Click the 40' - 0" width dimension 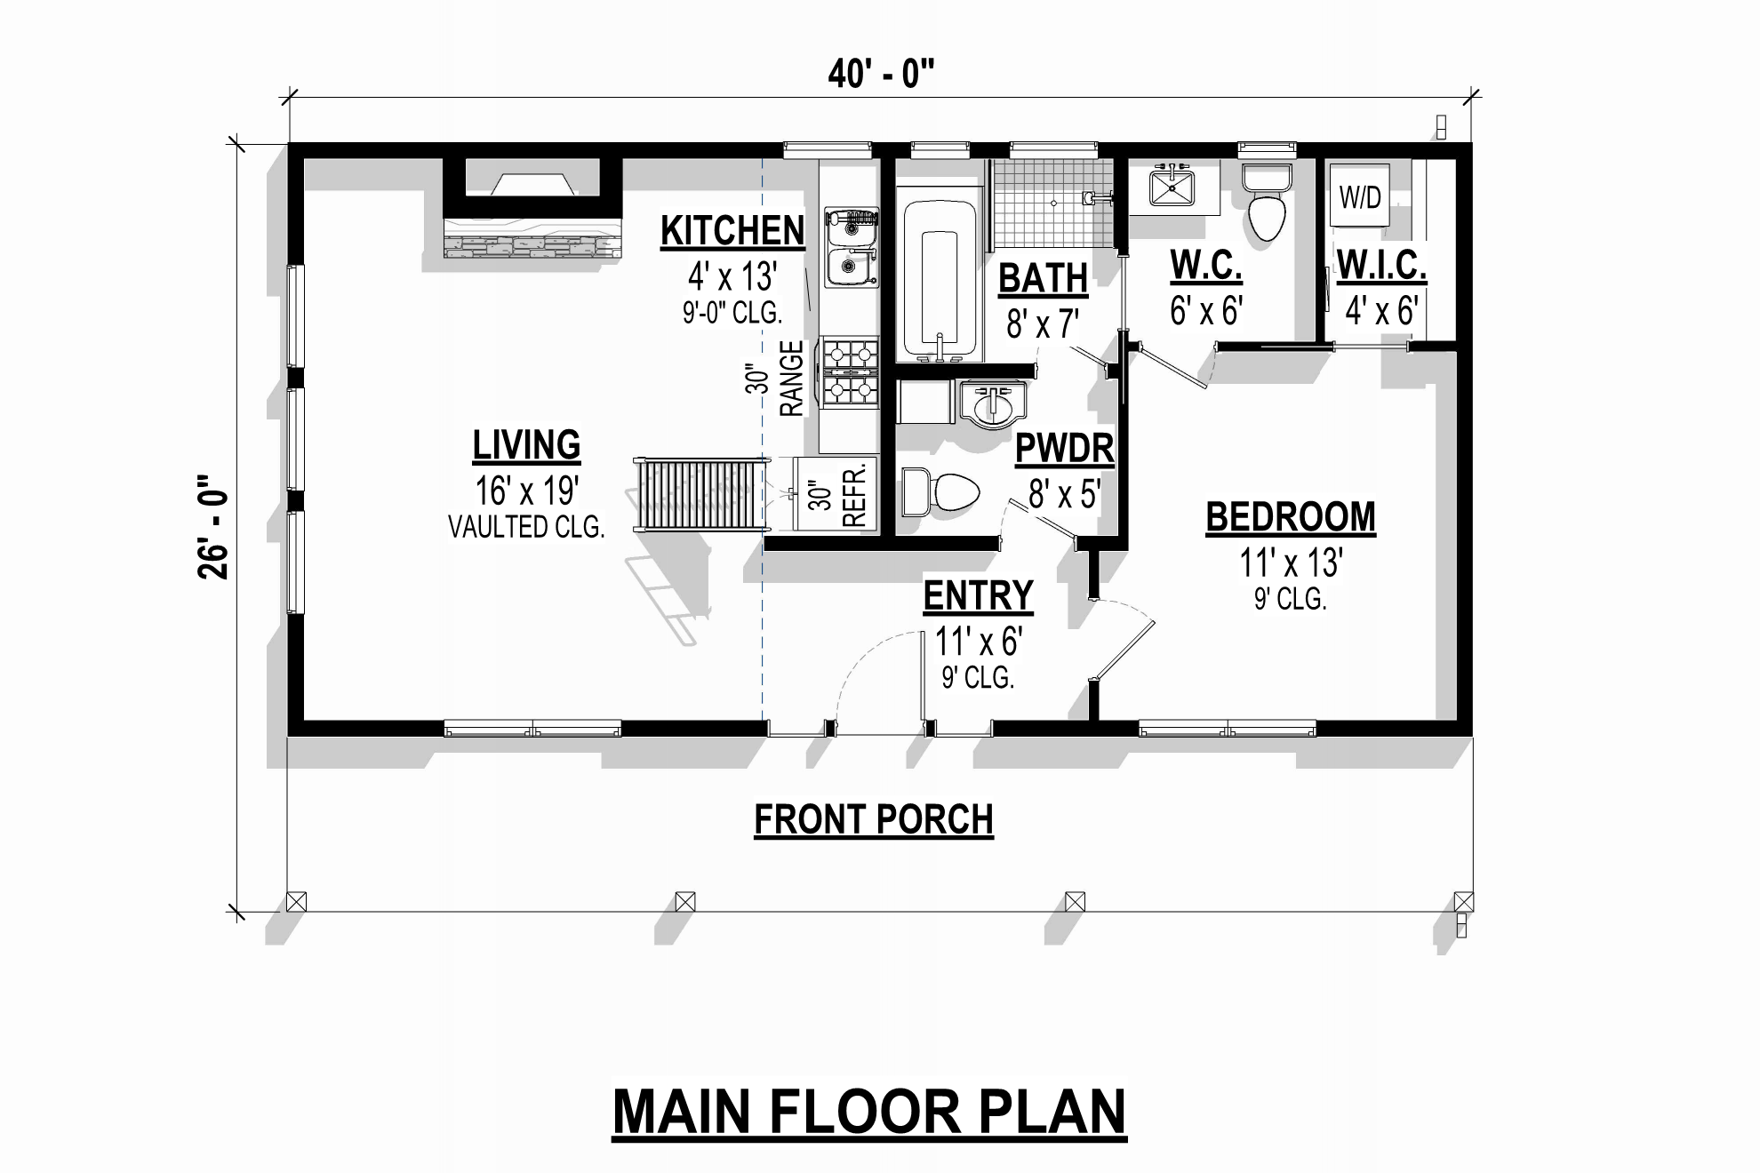click(x=881, y=74)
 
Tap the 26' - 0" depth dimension click(x=214, y=526)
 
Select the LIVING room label click(x=526, y=445)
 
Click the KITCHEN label click(x=732, y=230)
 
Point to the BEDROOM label click(x=1291, y=517)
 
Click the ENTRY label click(x=978, y=595)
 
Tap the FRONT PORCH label click(x=874, y=819)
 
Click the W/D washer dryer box click(x=1360, y=196)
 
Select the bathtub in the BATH click(x=940, y=282)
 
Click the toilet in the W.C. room click(x=1267, y=202)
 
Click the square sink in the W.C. click(x=1172, y=188)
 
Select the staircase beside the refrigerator click(x=701, y=494)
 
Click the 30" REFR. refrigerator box click(x=836, y=495)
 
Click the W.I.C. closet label click(x=1381, y=265)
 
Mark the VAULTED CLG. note click(x=526, y=527)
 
